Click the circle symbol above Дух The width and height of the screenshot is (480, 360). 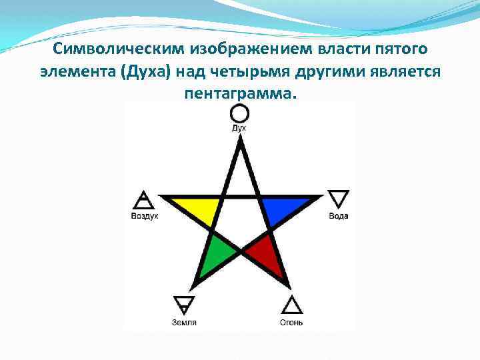click(x=239, y=114)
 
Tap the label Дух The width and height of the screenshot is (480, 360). click(x=239, y=127)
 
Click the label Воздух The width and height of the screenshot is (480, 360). click(x=144, y=216)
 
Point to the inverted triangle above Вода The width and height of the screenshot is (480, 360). click(x=339, y=199)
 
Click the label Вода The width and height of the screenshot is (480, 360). click(x=339, y=216)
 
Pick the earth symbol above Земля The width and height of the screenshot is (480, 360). click(x=183, y=305)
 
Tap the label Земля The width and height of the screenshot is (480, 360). click(x=183, y=323)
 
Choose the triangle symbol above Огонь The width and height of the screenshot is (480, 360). click(x=291, y=305)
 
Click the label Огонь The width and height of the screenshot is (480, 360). click(x=291, y=323)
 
